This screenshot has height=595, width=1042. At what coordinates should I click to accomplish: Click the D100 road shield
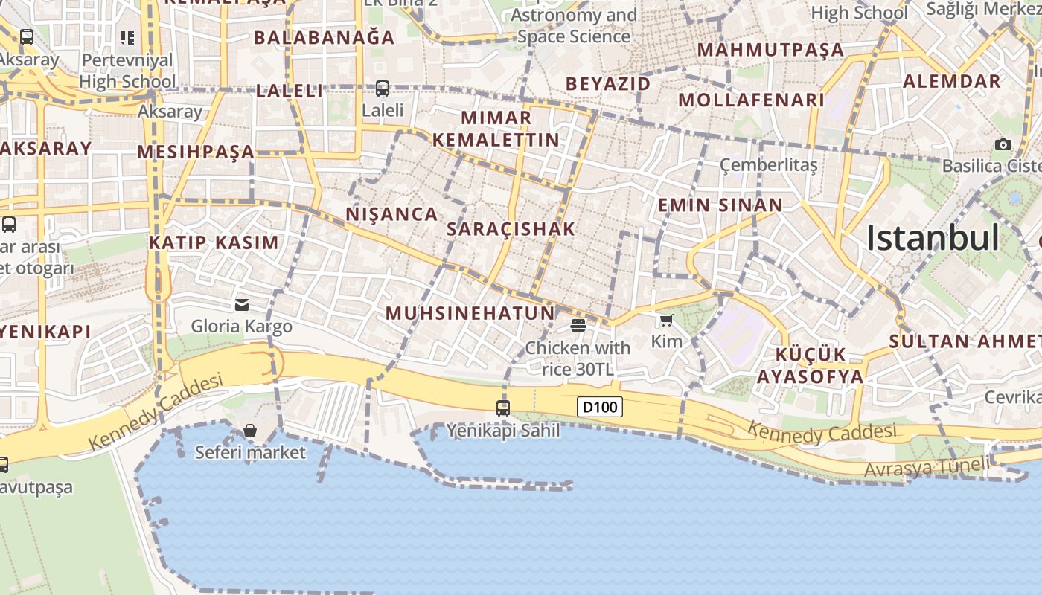[x=599, y=407]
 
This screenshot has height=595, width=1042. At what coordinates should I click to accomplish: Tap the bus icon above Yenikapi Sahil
[x=503, y=408]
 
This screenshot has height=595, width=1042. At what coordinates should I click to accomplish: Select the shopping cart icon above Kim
[x=666, y=321]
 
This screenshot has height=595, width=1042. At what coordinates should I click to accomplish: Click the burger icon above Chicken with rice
[x=578, y=325]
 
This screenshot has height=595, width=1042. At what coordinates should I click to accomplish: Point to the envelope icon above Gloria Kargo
[x=242, y=304]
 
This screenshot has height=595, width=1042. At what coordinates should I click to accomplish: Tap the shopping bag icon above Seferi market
[x=250, y=431]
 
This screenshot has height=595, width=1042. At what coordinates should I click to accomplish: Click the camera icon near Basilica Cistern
[x=1003, y=144]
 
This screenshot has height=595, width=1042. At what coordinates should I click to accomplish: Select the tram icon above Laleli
[x=383, y=89]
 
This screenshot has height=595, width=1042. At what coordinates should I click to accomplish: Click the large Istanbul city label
[x=933, y=238]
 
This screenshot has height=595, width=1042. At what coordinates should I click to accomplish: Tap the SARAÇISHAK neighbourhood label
[x=511, y=229]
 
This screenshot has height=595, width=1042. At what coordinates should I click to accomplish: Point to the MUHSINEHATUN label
[x=470, y=313]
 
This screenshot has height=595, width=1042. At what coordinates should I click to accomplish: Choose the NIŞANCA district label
[x=391, y=214]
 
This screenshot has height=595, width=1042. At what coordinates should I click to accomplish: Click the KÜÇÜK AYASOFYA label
[x=811, y=365]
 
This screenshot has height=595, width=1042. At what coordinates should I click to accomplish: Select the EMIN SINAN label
[x=720, y=205]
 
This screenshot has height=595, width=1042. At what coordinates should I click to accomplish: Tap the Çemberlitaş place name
[x=769, y=164]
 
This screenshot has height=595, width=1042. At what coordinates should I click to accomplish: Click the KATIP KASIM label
[x=214, y=242]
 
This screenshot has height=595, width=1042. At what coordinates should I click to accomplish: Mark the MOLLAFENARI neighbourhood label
[x=751, y=100]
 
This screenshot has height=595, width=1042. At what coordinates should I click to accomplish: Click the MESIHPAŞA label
[x=196, y=152]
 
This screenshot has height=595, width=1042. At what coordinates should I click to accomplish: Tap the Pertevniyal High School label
[x=127, y=71]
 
